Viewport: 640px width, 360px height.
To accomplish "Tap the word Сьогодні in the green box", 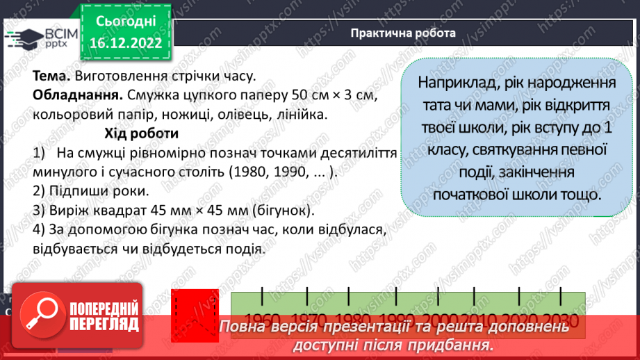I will tap(126, 22).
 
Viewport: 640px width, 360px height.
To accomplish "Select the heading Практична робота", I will tap(404, 33).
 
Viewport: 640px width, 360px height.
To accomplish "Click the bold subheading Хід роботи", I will tap(142, 133).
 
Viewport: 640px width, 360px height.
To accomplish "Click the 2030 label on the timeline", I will tap(562, 320).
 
